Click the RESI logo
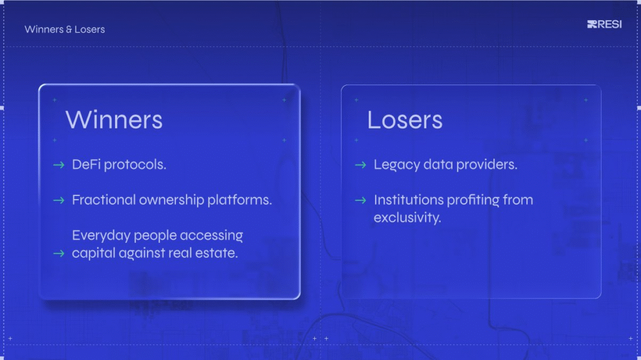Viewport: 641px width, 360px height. [604, 24]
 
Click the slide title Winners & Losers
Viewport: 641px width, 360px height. [64, 29]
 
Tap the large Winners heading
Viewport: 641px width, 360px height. [114, 120]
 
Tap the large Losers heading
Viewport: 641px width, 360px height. [405, 120]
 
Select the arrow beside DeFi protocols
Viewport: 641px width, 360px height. [59, 165]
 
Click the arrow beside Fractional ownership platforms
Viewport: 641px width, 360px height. [59, 200]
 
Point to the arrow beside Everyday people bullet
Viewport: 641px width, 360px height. [59, 254]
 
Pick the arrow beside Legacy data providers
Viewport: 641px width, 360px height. [361, 165]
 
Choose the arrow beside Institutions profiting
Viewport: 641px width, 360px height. [361, 200]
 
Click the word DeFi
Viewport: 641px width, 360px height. [86, 165]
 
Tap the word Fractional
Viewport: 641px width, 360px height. [104, 200]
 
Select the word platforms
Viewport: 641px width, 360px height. [240, 200]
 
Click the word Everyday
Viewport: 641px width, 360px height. [101, 235]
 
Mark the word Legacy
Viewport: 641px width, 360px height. [397, 165]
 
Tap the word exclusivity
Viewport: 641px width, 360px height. [408, 218]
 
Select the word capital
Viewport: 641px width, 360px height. [94, 253]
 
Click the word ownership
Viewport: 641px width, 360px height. [172, 200]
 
